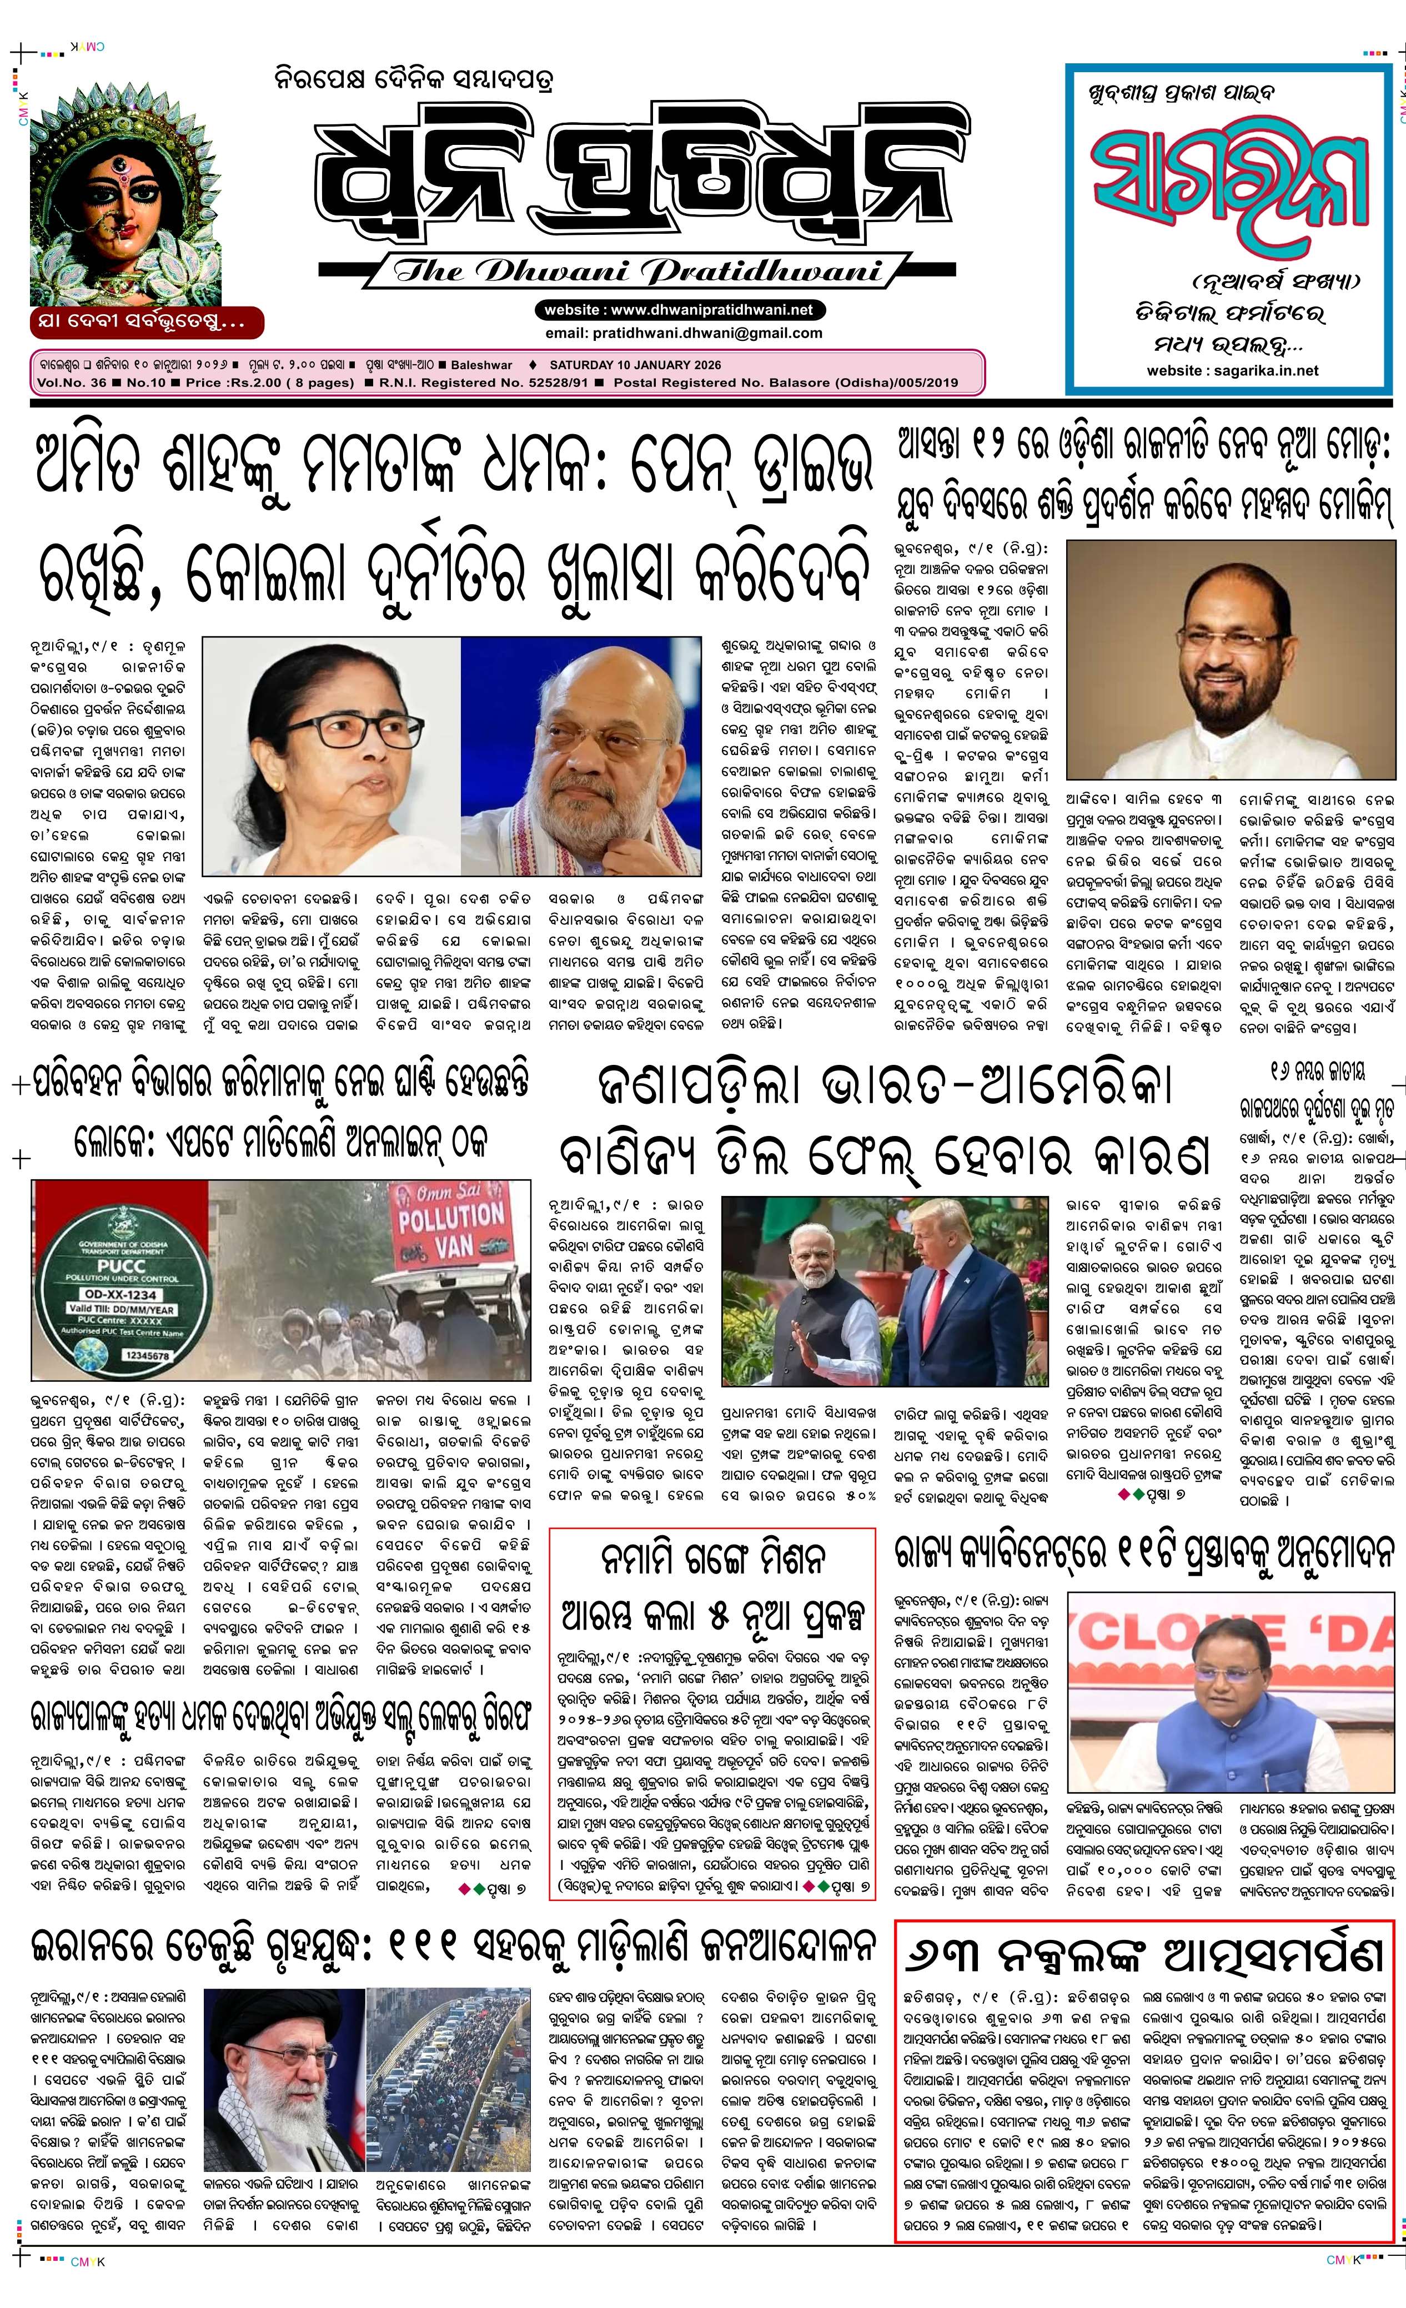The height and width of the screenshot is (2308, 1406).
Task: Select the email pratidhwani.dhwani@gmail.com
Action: point(683,333)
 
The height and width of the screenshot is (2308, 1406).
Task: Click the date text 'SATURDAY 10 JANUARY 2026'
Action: point(635,365)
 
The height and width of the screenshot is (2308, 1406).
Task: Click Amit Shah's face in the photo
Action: point(590,740)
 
